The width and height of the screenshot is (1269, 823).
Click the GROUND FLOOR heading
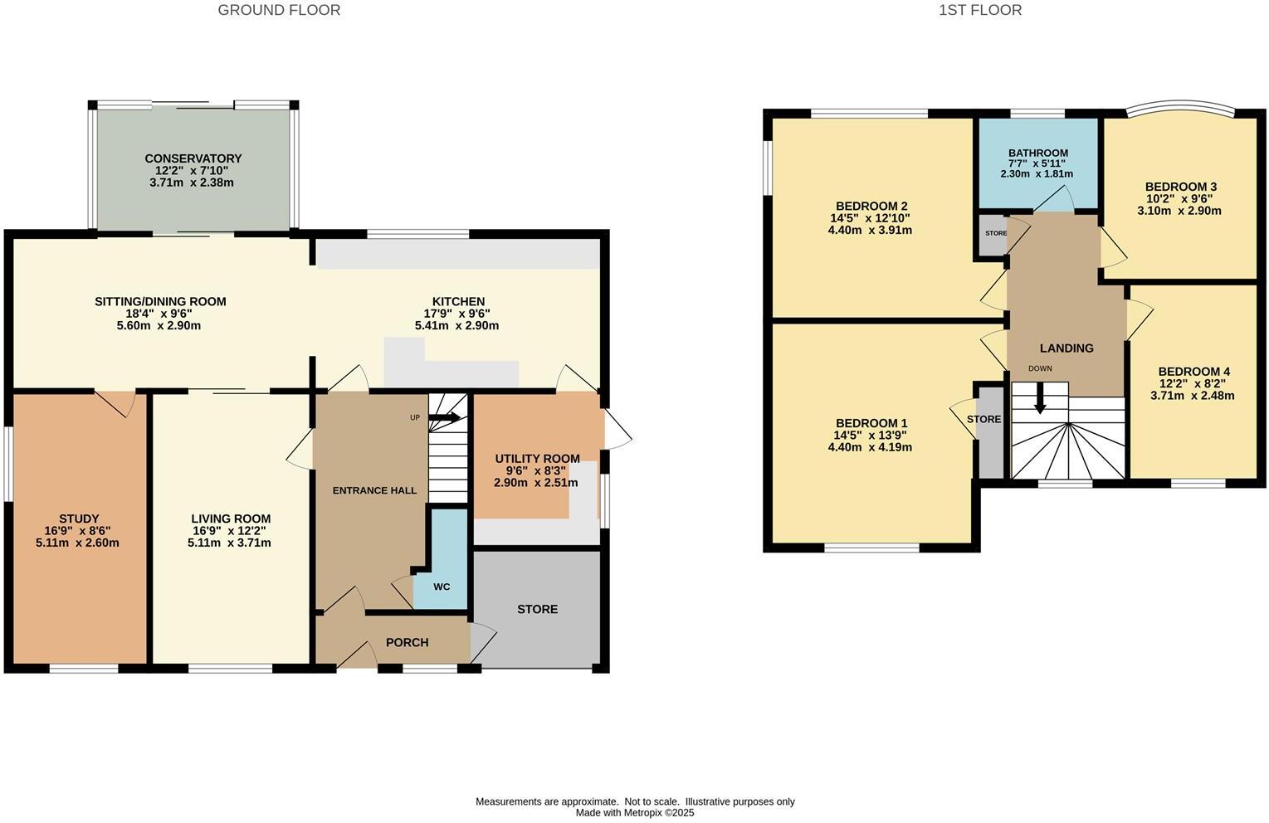click(279, 10)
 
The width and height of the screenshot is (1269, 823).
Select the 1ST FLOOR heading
click(980, 10)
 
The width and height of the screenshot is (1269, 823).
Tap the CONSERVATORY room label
click(193, 158)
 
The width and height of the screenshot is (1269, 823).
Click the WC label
click(442, 587)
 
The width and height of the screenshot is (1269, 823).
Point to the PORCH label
click(408, 642)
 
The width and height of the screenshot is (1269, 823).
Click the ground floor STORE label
click(537, 609)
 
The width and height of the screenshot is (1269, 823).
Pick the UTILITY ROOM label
click(537, 459)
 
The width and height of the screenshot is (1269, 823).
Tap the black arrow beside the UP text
click(445, 418)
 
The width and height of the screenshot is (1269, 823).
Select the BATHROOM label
click(1037, 153)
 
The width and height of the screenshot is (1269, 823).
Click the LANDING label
click(1066, 348)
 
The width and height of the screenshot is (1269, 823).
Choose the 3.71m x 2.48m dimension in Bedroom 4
click(1192, 396)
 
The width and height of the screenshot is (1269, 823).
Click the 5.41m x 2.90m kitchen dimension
click(457, 326)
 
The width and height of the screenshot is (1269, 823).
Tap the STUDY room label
click(79, 519)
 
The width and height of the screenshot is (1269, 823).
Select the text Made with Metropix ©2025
click(635, 813)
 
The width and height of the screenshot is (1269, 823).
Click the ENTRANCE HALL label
click(374, 490)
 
